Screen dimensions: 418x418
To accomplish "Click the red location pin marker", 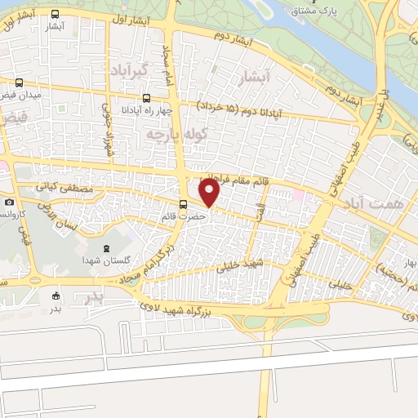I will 210,193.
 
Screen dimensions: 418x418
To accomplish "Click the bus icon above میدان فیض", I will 19,82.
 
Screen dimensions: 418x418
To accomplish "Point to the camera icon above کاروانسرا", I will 9,202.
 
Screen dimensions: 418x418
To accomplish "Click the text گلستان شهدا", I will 102,260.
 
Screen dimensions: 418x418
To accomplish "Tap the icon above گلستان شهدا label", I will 104,247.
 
